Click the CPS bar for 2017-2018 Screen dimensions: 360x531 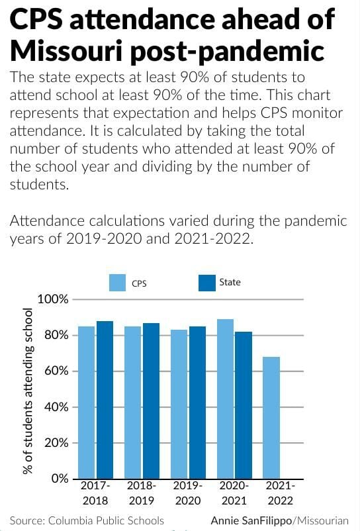[x=86, y=403]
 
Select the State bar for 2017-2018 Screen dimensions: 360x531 [x=105, y=400]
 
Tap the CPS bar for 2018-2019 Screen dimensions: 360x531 [x=132, y=403]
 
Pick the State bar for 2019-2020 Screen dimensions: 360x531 [x=197, y=403]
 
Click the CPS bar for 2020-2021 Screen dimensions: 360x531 [x=226, y=399]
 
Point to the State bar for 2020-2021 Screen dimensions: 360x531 [x=244, y=405]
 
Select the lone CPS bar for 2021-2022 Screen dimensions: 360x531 [x=271, y=418]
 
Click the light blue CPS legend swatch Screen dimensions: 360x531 [x=117, y=283]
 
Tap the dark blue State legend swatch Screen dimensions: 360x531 [x=206, y=283]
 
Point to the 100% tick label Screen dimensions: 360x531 [x=53, y=299]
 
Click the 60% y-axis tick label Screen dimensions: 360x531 [x=56, y=371]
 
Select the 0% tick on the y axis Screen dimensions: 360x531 [x=60, y=479]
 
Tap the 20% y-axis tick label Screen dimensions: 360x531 [x=56, y=443]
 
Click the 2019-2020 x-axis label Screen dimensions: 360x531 [x=188, y=493]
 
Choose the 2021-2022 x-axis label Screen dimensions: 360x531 [x=280, y=493]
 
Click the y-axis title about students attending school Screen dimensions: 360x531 [x=28, y=391]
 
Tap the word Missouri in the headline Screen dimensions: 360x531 [x=66, y=50]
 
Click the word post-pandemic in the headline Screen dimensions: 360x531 [x=228, y=52]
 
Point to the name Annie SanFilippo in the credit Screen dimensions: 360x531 [x=251, y=520]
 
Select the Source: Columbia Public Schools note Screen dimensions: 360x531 [x=87, y=520]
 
